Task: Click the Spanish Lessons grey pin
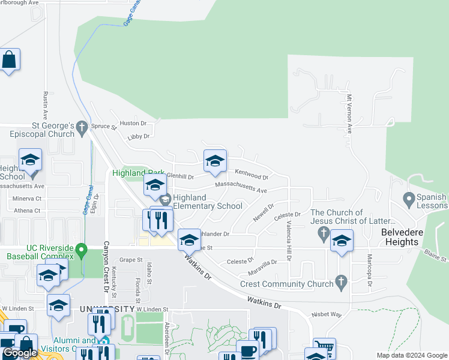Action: [x=409, y=198]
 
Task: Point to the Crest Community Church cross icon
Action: [x=341, y=281]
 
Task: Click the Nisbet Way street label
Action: [x=327, y=314]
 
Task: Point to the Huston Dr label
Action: [x=133, y=123]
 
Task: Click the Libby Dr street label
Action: [x=139, y=137]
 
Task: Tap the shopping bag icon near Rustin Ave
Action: [x=9, y=60]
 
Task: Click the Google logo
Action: [x=20, y=353]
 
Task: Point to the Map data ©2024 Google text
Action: [x=411, y=355]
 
